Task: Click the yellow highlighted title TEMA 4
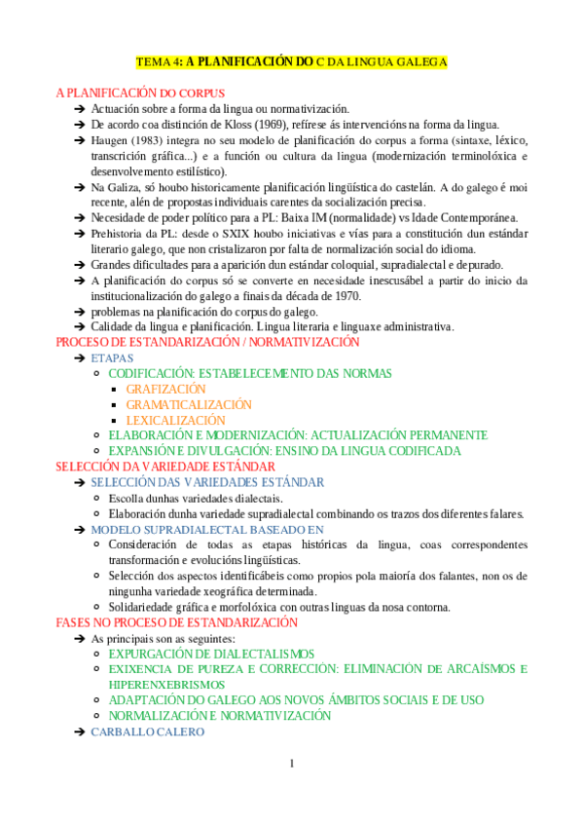pos(291,61)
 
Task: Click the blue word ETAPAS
pos(112,357)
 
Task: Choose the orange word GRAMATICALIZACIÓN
pos(189,404)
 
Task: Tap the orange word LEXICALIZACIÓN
pos(175,420)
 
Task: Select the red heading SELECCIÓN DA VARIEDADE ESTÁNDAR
pos(165,467)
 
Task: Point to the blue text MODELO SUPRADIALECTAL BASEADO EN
pos(207,529)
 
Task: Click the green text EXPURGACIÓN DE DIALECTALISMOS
pos(211,654)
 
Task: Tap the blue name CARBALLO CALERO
pos(148,732)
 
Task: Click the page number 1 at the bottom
pos(291,763)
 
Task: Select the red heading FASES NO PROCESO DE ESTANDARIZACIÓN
pos(176,622)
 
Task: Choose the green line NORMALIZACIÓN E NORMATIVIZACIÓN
pos(220,716)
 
